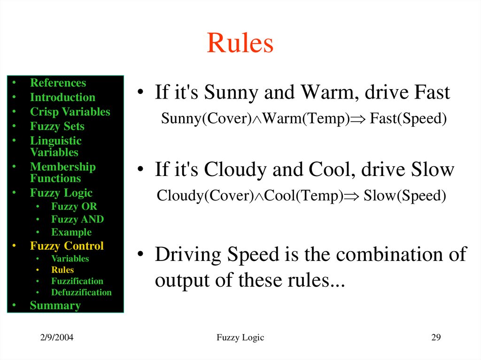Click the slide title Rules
[x=240, y=43]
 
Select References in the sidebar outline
[x=58, y=83]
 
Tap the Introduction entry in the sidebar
[x=62, y=98]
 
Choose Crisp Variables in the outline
[x=70, y=112]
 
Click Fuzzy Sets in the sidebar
[x=57, y=127]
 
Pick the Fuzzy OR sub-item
[x=74, y=207]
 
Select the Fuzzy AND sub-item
[x=78, y=219]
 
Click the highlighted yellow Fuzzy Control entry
[x=67, y=246]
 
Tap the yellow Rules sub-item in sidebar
[x=62, y=270]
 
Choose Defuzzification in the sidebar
[x=81, y=292]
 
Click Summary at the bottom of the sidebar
[x=55, y=306]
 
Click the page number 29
[x=436, y=337]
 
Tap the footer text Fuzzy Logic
[x=240, y=337]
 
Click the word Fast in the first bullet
[x=432, y=93]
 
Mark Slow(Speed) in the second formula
[x=404, y=195]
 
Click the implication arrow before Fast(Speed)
[x=358, y=119]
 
